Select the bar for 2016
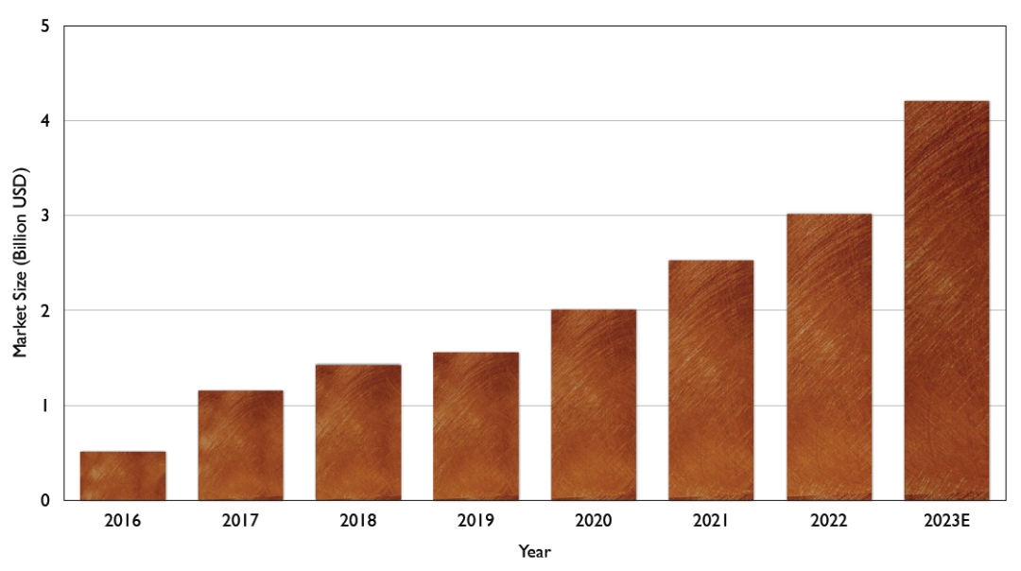click(123, 476)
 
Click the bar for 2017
click(240, 445)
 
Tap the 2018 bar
click(358, 432)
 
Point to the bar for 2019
click(476, 425)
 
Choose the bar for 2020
click(594, 405)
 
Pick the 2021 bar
click(711, 380)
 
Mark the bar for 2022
click(829, 356)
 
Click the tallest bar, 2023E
click(946, 301)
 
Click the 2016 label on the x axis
click(123, 520)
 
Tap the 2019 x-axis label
click(476, 520)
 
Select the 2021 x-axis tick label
click(711, 520)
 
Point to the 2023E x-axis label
click(946, 520)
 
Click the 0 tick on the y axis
click(44, 500)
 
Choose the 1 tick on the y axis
click(44, 406)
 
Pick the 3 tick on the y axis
click(44, 216)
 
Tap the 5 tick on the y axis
click(44, 26)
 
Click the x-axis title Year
click(534, 551)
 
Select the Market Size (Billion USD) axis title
click(20, 263)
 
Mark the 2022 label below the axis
click(829, 520)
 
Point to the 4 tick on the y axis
click(44, 121)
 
